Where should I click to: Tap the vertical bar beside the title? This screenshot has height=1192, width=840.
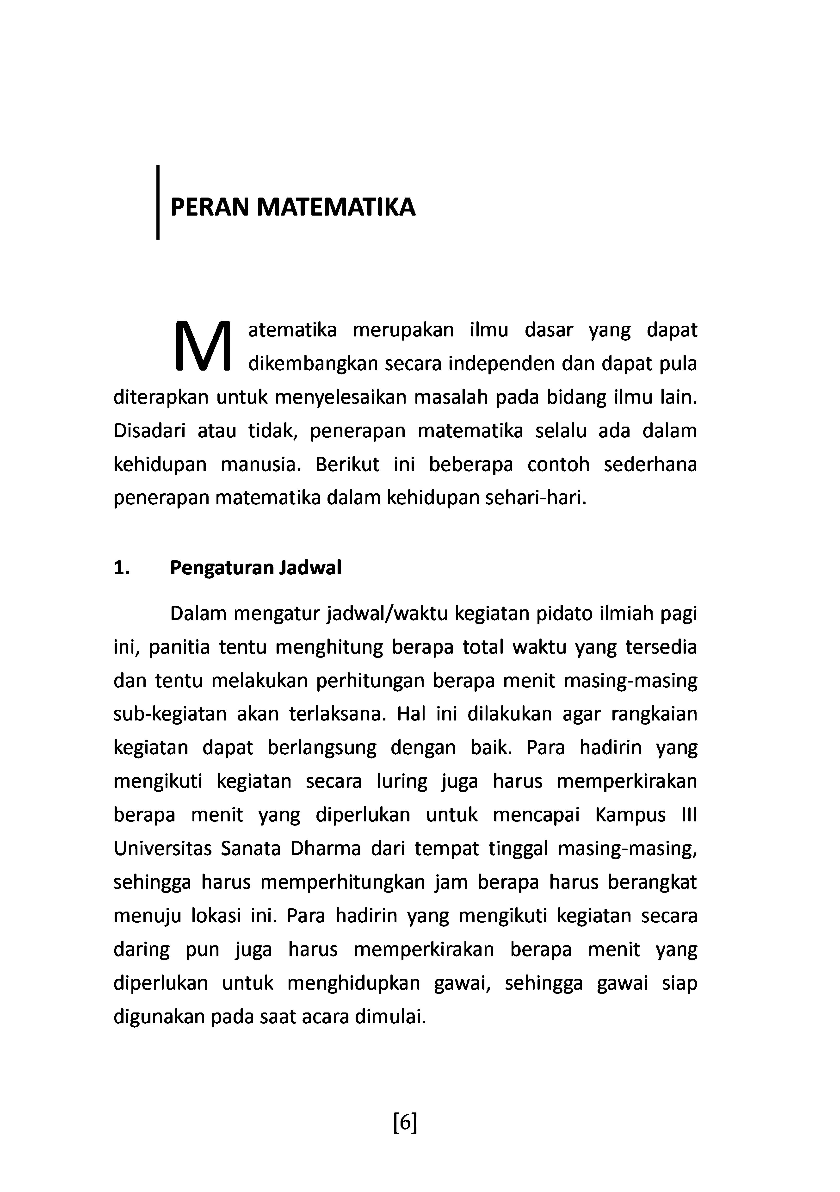coord(157,203)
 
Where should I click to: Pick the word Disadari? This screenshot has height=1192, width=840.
coord(149,431)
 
